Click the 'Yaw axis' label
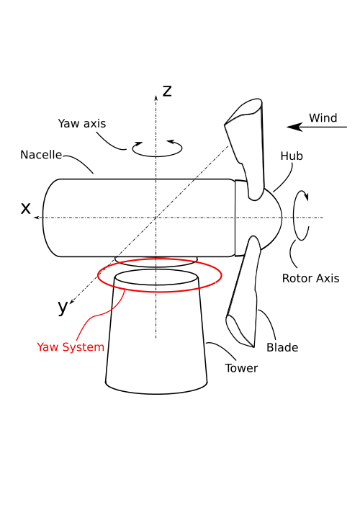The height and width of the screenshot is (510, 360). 81,124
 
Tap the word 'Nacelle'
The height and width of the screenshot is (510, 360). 41,154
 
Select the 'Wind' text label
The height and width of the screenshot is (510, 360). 323,117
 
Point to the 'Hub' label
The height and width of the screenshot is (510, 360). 292,156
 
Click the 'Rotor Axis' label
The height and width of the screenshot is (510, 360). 310,279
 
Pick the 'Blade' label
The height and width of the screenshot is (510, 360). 282,347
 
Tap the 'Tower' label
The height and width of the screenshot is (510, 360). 241,368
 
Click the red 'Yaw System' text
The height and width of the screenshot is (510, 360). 71,347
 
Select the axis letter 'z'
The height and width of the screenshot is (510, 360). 167,91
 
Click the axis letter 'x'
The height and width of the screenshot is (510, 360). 26,208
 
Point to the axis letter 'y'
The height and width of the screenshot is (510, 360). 63,307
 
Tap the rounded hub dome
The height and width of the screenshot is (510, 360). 270,218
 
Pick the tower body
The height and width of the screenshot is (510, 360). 156,335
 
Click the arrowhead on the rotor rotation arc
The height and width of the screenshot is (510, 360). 306,195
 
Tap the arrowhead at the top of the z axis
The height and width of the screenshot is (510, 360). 156,98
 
